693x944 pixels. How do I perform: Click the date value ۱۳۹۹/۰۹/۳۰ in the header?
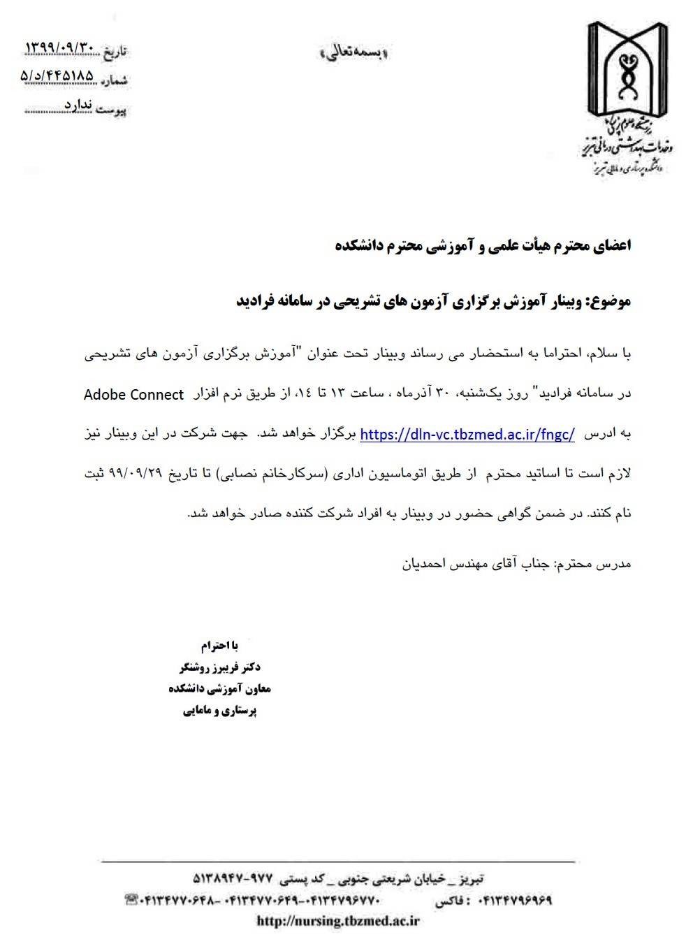59,48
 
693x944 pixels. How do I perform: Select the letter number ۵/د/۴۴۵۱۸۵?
57,75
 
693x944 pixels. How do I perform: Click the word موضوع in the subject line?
612,301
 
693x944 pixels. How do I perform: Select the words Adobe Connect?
133,395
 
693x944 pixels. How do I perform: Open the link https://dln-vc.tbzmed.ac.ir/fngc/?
467,434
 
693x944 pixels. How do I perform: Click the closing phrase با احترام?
219,645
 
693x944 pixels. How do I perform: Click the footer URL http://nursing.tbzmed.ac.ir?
338,921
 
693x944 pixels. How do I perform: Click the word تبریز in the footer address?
469,878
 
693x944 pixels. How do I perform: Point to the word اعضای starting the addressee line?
611,246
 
